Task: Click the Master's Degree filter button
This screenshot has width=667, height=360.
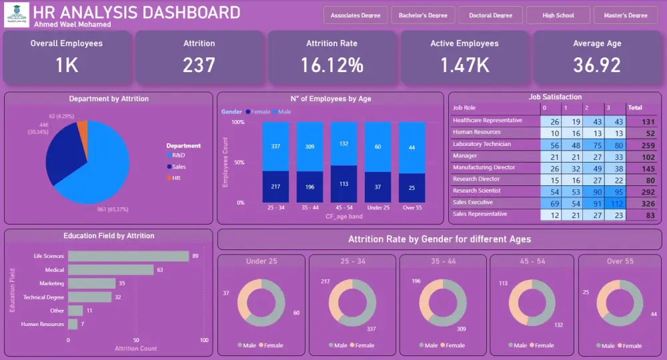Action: pos(625,15)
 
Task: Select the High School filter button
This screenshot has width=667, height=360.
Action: pos(558,15)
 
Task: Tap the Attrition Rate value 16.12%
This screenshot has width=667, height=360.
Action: pos(331,65)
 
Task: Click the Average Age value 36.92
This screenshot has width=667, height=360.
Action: pos(597,65)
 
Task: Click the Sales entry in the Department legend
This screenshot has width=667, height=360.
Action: pos(179,167)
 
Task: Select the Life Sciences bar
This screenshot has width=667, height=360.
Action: pos(129,256)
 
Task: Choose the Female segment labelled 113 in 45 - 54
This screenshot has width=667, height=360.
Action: pos(344,185)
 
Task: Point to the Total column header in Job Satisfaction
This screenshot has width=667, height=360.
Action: pos(635,107)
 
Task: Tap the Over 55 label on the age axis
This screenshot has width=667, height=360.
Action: pos(412,208)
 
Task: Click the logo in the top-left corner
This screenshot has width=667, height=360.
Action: pos(17,15)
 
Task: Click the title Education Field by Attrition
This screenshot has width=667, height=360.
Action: pos(109,236)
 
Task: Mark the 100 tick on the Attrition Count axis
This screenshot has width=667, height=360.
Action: pos(204,340)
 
